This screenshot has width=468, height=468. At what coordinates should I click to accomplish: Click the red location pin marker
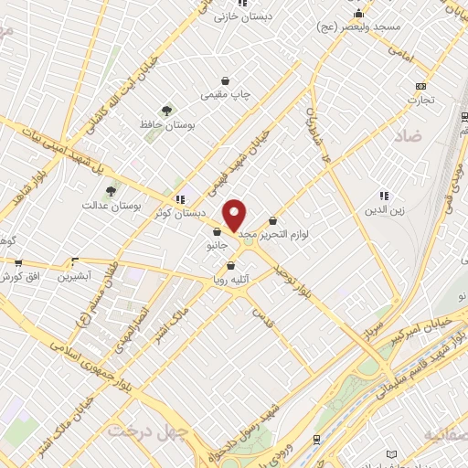235,215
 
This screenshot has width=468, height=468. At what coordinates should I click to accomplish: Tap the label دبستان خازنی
239,16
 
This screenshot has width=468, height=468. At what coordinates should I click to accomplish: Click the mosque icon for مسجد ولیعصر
359,14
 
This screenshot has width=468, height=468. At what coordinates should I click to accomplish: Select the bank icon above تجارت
420,86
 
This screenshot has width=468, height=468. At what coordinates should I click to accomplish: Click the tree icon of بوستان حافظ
165,111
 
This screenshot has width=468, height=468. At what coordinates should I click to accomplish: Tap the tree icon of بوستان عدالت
111,191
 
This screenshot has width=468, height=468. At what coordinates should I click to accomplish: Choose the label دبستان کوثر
179,212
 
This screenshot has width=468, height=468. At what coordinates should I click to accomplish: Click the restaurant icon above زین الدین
384,195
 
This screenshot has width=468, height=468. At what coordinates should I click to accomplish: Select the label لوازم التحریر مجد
274,234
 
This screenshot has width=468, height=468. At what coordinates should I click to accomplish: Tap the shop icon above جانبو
216,232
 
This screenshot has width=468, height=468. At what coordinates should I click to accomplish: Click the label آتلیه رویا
229,277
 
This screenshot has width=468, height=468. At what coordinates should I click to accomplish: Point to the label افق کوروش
18,275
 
